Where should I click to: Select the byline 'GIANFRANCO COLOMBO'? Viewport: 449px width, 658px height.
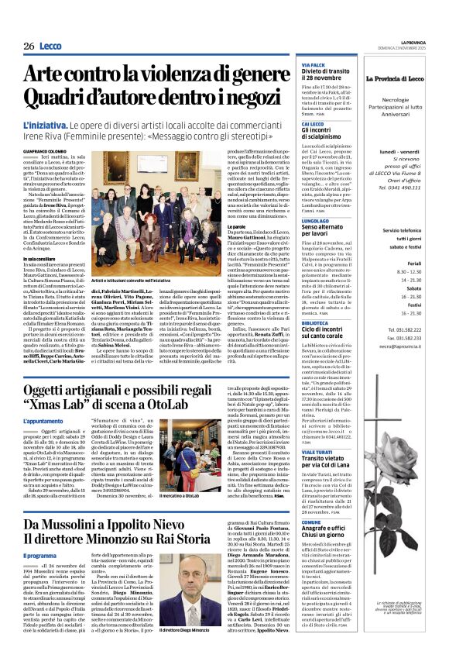[48, 151]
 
